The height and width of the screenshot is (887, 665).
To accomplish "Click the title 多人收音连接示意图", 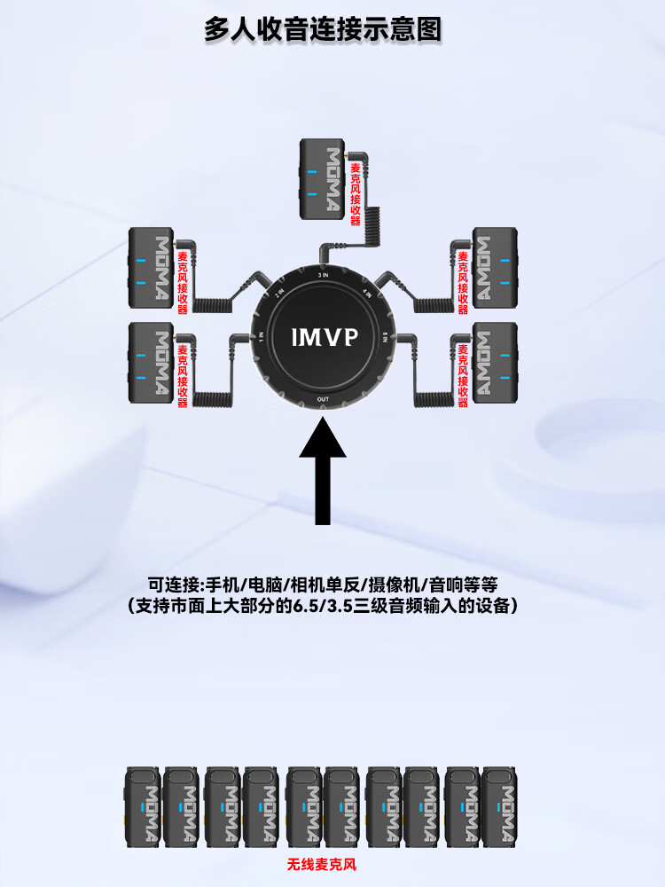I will (x=323, y=29).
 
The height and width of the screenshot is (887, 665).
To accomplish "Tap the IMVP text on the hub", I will (x=325, y=337).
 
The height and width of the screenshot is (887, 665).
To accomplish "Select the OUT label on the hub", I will (x=325, y=400).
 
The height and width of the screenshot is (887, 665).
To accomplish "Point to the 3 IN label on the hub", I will (x=325, y=277).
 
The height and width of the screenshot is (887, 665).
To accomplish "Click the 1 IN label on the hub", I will (x=262, y=337).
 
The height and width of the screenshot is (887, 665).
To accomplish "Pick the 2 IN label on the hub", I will (x=278, y=293).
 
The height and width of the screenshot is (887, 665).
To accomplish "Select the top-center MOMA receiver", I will (x=320, y=181).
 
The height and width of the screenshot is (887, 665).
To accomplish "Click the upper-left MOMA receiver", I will (x=150, y=266).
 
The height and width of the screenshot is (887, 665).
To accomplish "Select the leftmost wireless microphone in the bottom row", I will (x=143, y=805).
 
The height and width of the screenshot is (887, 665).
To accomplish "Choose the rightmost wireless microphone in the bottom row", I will (x=499, y=805).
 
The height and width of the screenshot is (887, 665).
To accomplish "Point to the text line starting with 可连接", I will (x=323, y=585).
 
